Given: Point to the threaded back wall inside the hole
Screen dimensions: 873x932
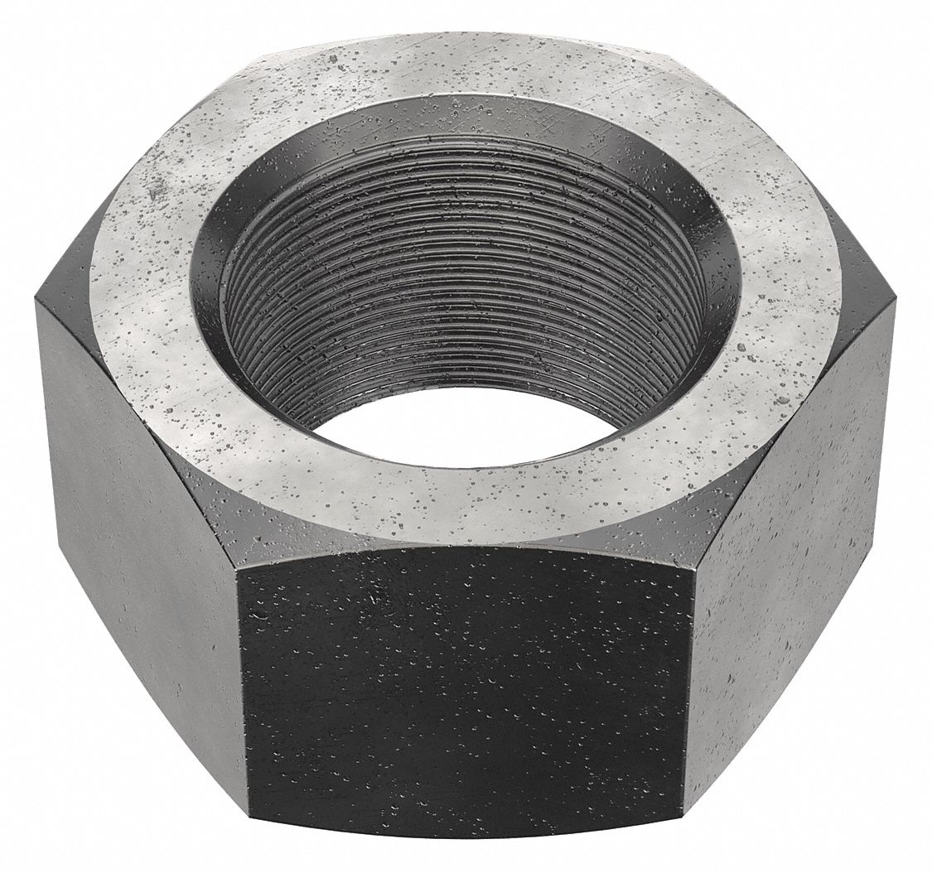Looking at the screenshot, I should [464, 273].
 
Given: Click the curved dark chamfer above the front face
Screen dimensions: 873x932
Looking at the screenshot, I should [464, 543].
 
